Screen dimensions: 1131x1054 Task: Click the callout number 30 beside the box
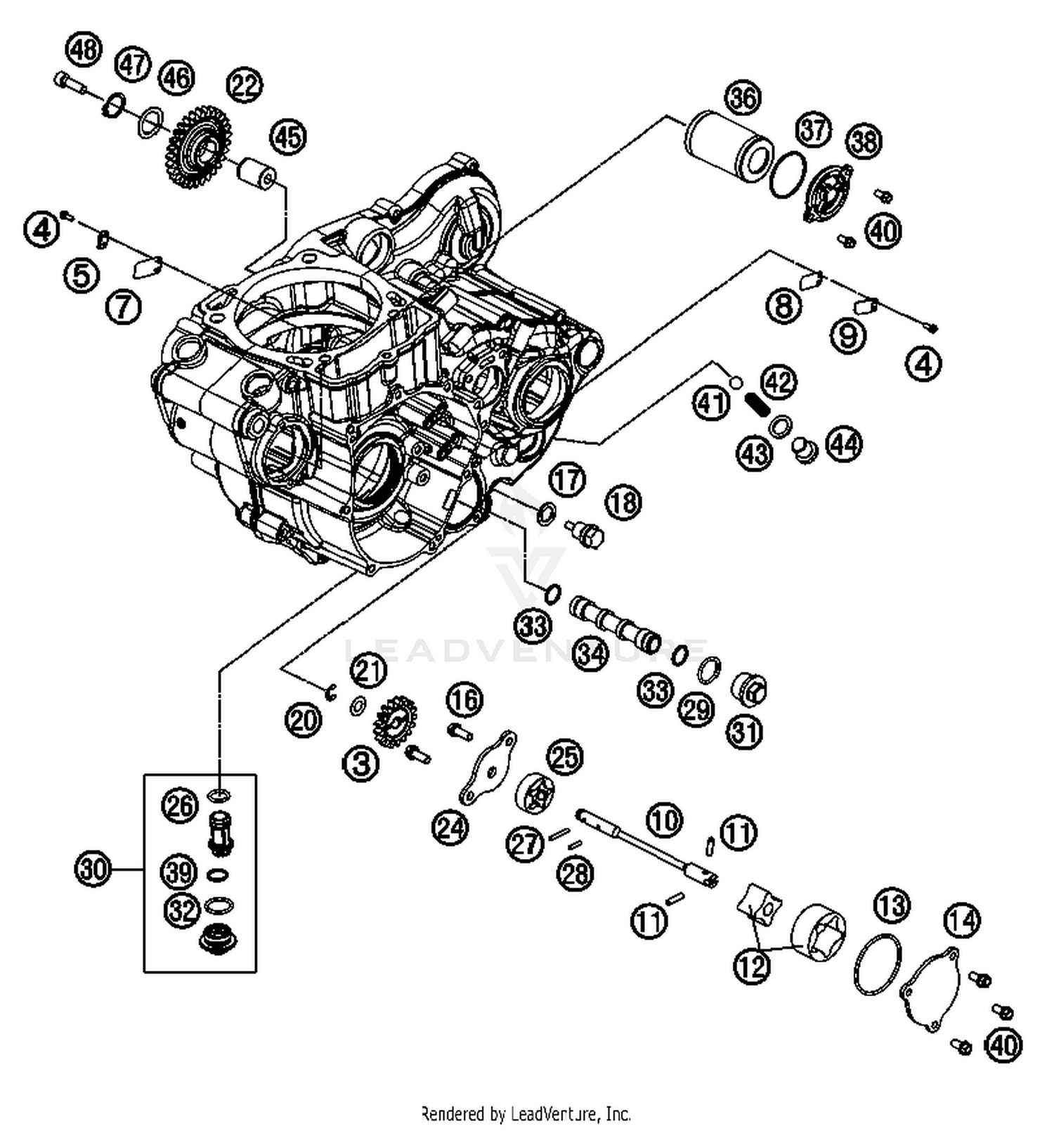coord(93,870)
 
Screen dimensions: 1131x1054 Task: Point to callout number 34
coord(590,654)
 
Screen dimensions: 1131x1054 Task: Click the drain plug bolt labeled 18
coord(587,534)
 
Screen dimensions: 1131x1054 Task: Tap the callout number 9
coord(848,335)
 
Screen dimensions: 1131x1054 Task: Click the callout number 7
coord(124,306)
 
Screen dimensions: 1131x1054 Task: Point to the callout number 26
coord(179,805)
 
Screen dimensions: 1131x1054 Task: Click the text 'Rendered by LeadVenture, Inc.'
coord(526,1113)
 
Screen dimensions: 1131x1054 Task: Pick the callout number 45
coord(288,136)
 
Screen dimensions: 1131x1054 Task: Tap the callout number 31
coord(745,732)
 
